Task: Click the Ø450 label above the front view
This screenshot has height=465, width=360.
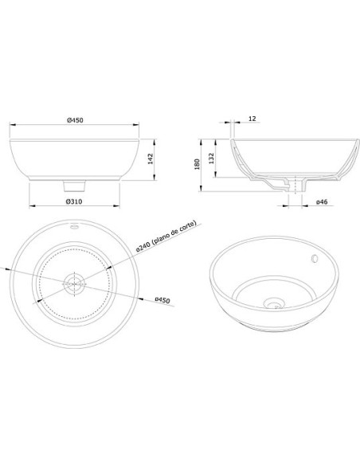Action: pos(75,120)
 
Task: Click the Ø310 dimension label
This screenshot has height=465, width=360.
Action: pos(74,201)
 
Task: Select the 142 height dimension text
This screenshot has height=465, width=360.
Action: pos(151,158)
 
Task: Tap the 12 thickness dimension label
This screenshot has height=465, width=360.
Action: pos(252,119)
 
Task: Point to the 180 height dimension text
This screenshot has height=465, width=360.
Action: pos(197,164)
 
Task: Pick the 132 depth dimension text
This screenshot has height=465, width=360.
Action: pos(211,158)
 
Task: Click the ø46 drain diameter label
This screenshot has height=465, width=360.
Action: pos(322,202)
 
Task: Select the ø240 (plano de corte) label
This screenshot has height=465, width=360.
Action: pos(166,236)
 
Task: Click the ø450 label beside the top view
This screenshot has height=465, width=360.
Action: pos(162,300)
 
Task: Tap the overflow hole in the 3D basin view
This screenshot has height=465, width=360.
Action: pos(314,259)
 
